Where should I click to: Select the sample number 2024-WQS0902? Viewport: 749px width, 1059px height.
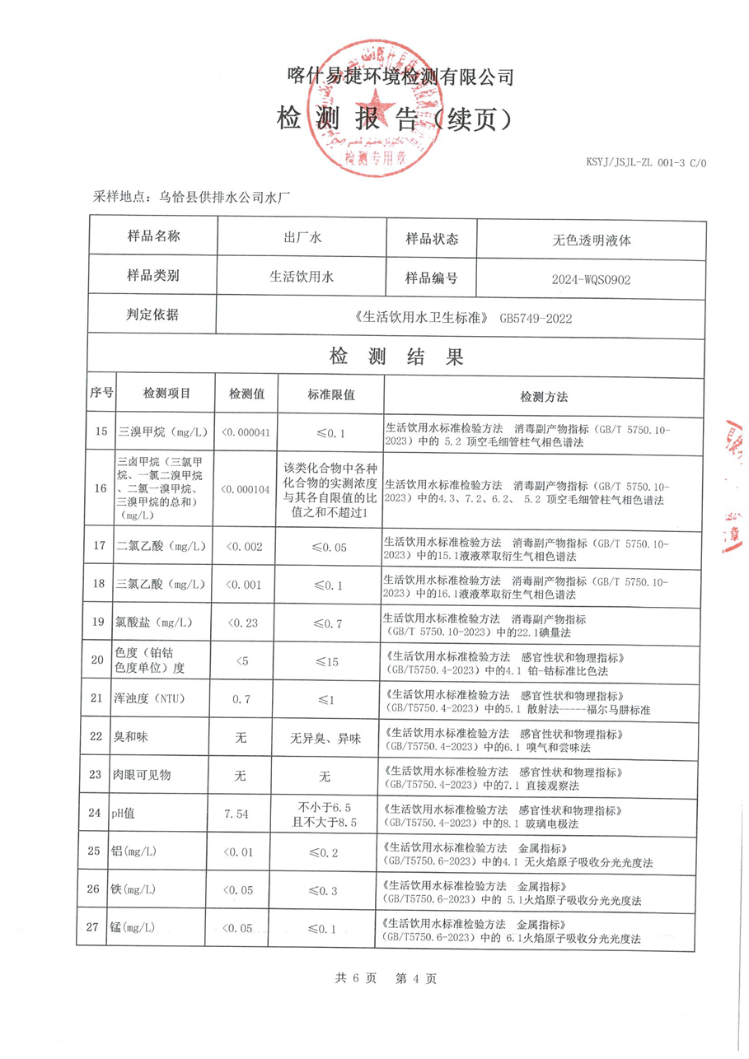click(x=591, y=279)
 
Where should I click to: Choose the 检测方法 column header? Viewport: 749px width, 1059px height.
click(x=544, y=396)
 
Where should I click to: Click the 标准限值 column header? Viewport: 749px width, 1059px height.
click(x=331, y=395)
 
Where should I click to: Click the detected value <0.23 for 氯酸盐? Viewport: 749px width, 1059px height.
click(x=243, y=623)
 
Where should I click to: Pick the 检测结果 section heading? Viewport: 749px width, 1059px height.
click(x=396, y=357)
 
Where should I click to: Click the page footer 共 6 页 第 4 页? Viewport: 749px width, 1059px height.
click(x=386, y=978)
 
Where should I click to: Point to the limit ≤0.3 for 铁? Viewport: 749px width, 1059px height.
click(x=330, y=889)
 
